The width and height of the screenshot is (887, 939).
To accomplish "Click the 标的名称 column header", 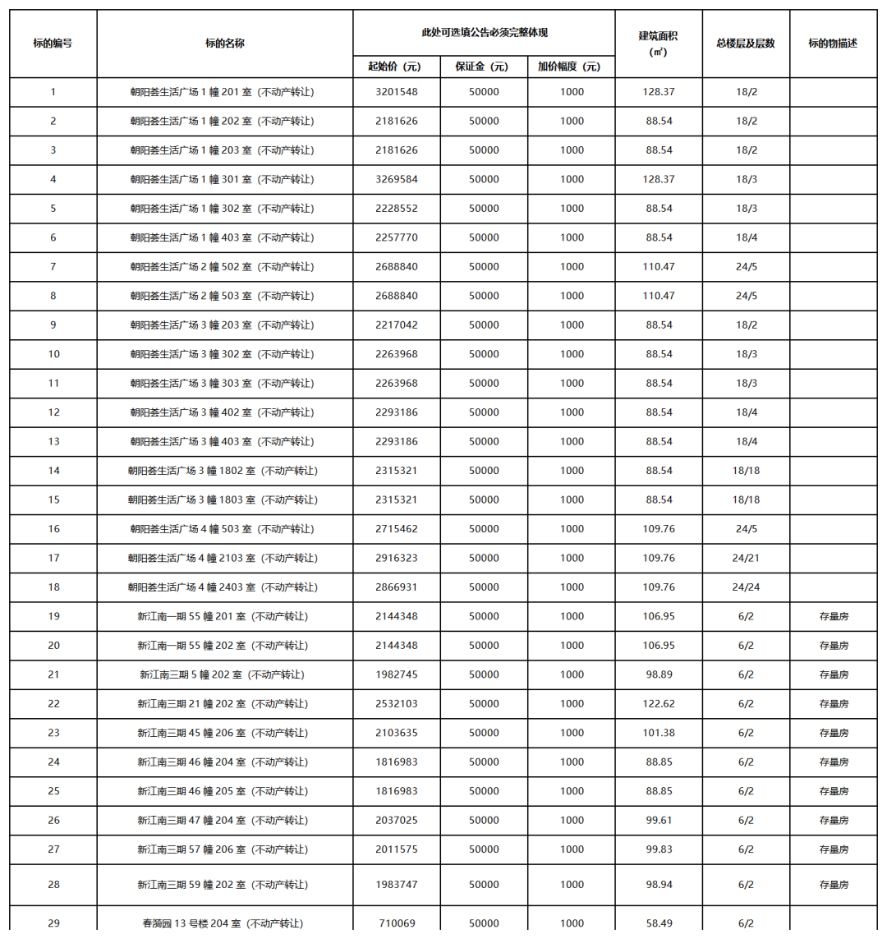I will (224, 44).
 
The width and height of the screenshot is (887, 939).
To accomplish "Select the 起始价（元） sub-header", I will (396, 67).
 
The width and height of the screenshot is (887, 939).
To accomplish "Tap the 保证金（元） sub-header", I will (484, 67).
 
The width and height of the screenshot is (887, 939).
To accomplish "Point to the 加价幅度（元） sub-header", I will (571, 67).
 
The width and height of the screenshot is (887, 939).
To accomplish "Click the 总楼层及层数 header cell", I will (746, 44).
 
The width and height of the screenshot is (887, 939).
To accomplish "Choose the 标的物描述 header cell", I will (833, 44).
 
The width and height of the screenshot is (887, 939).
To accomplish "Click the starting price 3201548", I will (396, 92).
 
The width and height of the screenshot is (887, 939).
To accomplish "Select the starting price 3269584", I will (396, 179).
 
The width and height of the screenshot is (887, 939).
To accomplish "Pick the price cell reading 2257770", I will (396, 237).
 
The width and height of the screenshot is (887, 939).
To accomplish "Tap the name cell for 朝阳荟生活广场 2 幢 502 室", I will (222, 267).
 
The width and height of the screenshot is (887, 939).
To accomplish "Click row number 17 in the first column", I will (53, 558).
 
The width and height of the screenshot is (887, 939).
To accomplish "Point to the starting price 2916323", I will (396, 558).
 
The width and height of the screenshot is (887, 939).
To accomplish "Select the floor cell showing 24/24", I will (746, 587).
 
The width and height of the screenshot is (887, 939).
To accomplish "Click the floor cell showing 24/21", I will (746, 558).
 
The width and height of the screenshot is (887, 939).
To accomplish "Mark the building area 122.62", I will (659, 704).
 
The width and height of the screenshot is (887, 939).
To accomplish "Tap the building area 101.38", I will (659, 733).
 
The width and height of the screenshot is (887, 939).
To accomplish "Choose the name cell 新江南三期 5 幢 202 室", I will (222, 674).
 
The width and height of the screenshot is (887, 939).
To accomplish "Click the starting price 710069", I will (396, 923).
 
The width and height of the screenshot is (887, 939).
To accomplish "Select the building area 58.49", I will (659, 923).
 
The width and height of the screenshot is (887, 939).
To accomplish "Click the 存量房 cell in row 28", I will (834, 885).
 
